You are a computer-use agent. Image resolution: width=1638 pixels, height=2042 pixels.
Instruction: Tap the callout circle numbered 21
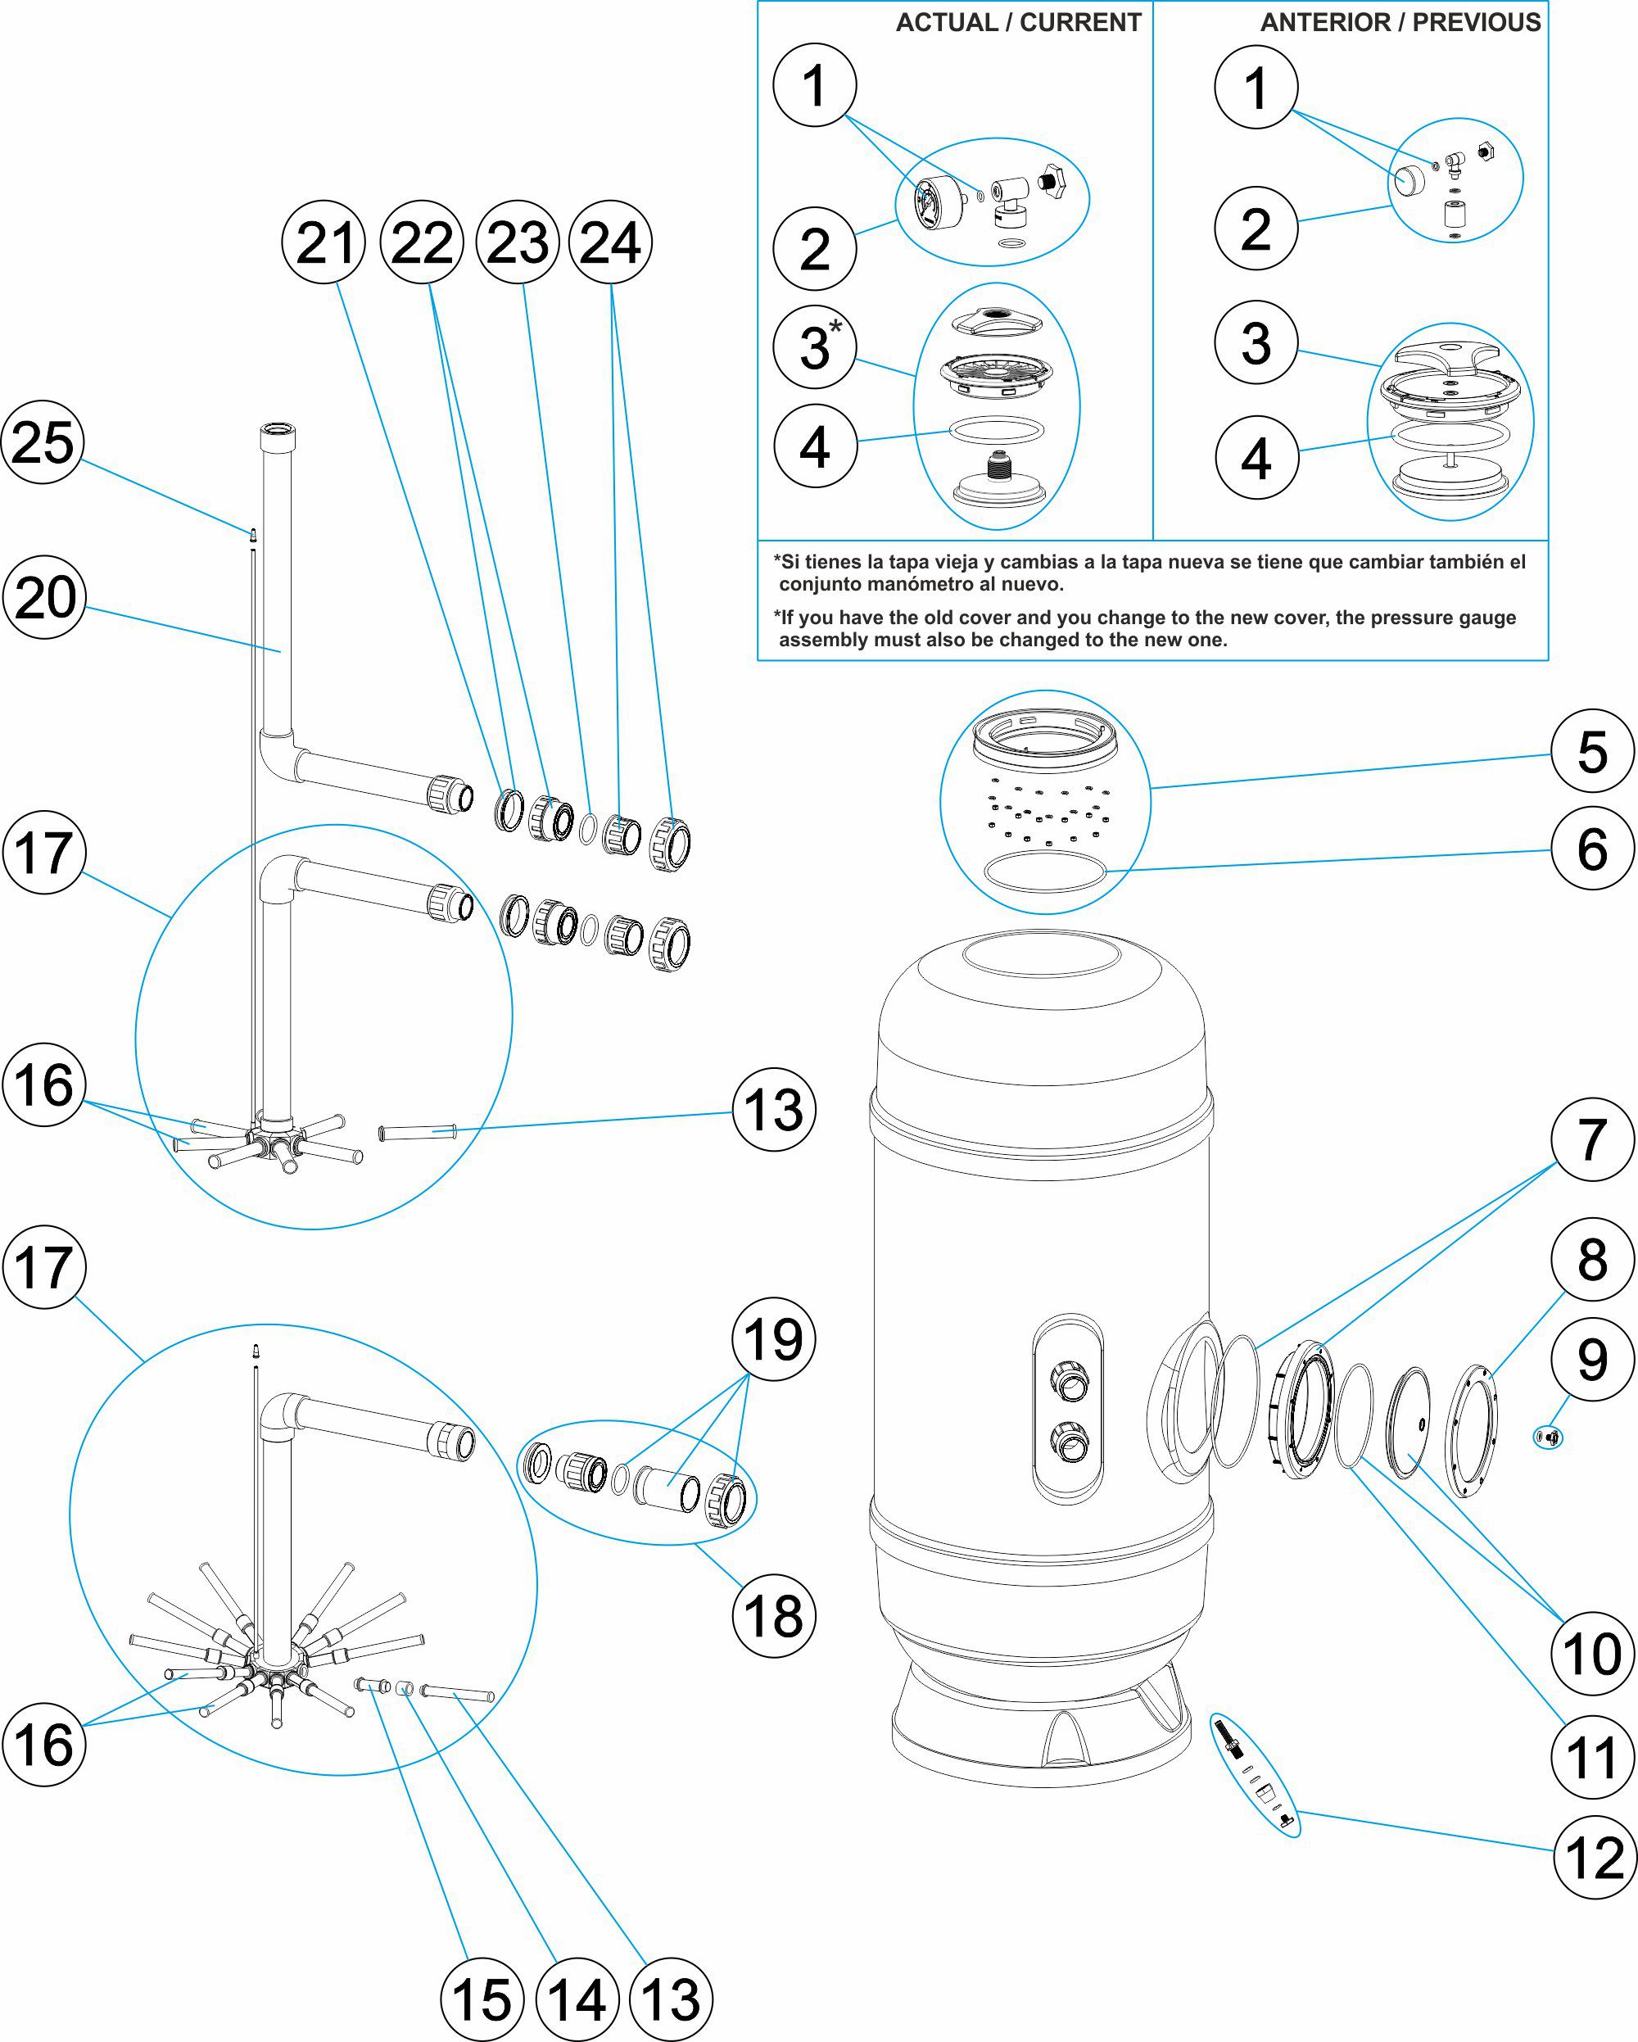pos(325,242)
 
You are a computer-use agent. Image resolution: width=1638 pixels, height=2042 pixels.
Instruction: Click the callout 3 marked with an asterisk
pos(815,346)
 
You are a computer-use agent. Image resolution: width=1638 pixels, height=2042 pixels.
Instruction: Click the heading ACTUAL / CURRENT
pos(1018,23)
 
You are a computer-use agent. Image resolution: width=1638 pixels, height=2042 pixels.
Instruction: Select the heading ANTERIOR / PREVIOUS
pos(1400,23)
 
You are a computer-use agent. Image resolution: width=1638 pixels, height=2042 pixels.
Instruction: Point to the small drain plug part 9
pos(1549,1438)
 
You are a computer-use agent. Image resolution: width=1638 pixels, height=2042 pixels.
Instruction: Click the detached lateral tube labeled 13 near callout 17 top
pos(418,1132)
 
